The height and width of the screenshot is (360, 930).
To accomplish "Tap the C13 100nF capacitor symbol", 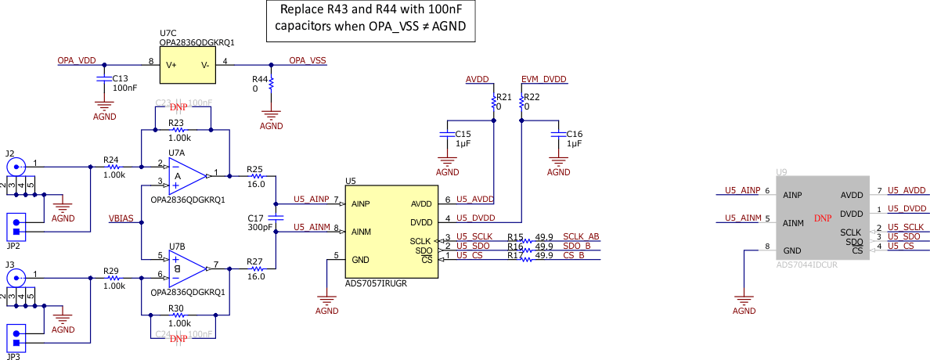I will point(103,79).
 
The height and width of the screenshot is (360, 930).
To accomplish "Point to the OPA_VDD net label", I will point(77,60).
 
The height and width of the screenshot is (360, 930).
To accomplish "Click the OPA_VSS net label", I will point(307,60).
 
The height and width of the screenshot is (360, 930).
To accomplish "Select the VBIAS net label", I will point(122,218).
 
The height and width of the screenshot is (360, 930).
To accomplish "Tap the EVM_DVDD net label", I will point(543,80).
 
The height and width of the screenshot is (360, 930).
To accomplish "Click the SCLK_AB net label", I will point(581,236).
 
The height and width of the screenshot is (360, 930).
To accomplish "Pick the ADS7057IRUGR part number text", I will point(376,284).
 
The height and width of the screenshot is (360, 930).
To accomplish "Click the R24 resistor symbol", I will point(114,167).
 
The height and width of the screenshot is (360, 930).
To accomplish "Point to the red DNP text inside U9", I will point(822,218).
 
